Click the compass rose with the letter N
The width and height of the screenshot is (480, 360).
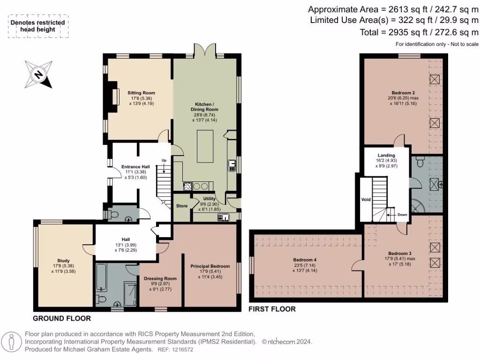[38, 75]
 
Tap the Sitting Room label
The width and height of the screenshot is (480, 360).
[141, 93]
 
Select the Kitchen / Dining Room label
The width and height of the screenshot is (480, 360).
[204, 107]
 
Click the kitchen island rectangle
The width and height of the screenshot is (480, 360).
[205, 146]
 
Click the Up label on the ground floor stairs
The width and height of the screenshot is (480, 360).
[164, 160]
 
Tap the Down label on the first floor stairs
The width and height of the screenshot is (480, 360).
[402, 215]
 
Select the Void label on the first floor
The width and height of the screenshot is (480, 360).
[366, 199]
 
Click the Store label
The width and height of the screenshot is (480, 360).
[182, 206]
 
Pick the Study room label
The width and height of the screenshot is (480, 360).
[63, 261]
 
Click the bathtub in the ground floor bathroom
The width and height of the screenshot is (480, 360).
[101, 277]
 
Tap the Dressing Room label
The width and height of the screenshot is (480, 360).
[160, 278]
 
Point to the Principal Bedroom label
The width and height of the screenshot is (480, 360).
[210, 266]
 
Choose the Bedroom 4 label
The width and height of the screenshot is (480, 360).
[305, 260]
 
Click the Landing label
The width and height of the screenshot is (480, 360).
[386, 155]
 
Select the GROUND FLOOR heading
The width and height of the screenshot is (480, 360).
[62, 318]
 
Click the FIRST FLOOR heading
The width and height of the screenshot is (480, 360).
[272, 309]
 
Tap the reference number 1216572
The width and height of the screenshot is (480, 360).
[182, 350]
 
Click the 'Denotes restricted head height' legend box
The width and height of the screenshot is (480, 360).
[38, 26]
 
